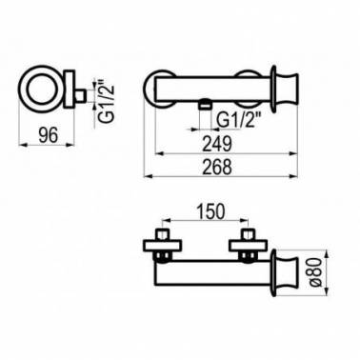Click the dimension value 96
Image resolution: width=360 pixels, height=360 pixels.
point(49,134)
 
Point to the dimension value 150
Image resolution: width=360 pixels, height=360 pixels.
point(210,211)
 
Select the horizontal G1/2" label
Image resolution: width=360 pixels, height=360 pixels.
point(238,120)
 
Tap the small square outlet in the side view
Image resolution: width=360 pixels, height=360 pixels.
point(80,95)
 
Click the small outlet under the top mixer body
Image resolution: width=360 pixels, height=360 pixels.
point(205,104)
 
